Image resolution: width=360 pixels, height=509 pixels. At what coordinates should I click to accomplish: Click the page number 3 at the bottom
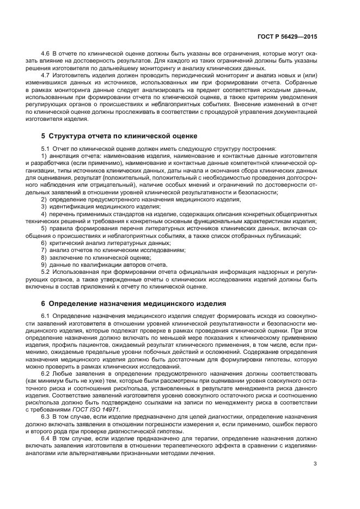point(315,464)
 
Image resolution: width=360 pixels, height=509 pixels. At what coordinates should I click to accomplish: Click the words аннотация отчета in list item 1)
point(68,156)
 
